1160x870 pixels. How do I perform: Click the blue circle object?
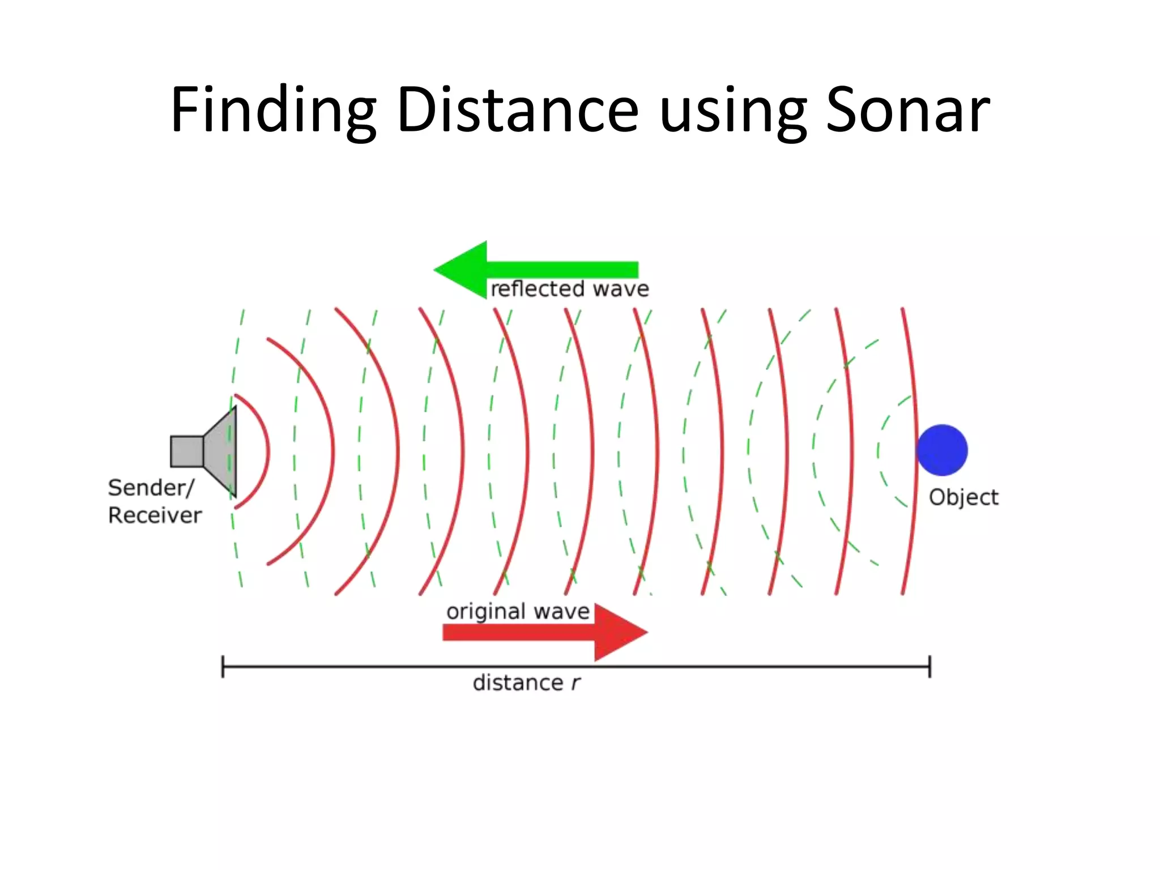tap(942, 450)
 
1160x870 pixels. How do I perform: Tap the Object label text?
tap(963, 497)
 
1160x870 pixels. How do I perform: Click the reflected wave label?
tap(569, 289)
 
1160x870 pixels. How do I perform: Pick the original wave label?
tap(518, 612)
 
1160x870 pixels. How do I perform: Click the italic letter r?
tap(575, 684)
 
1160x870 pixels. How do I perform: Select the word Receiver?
tap(155, 515)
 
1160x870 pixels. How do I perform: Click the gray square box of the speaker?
tap(187, 451)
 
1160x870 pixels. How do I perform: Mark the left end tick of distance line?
tap(223, 667)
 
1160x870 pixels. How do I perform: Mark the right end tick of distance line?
tap(929, 667)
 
